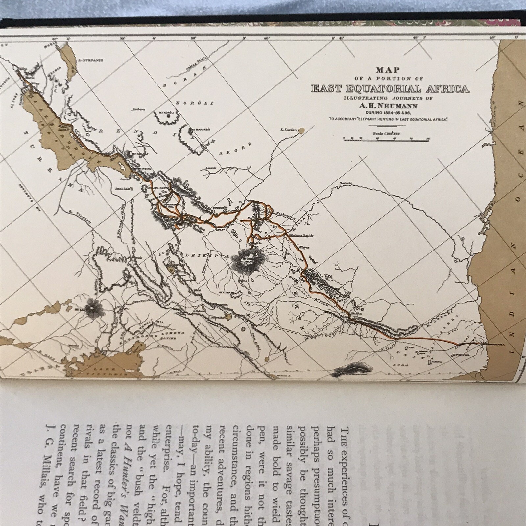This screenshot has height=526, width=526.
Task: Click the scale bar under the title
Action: [x=386, y=140]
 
